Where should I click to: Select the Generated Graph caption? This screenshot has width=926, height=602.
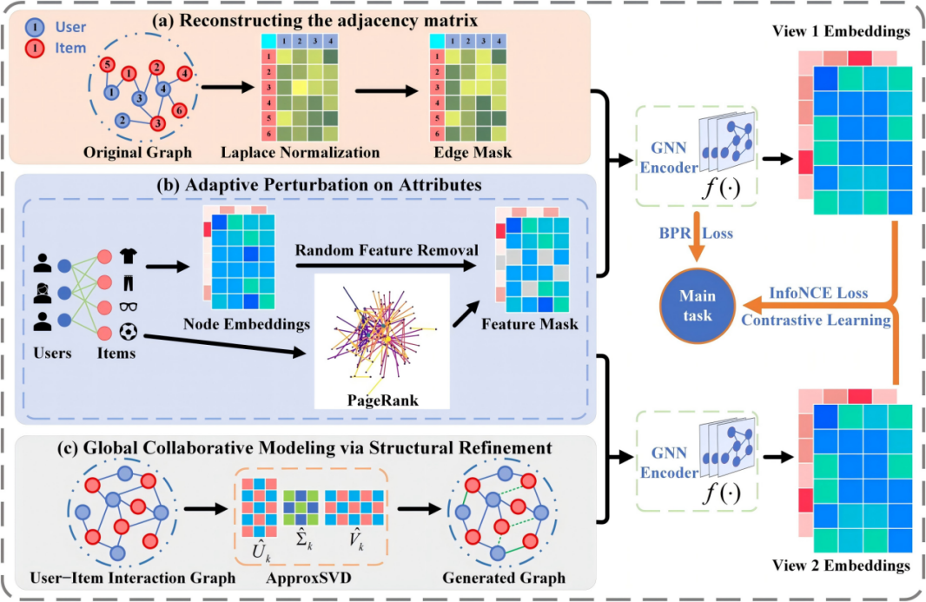[x=504, y=578]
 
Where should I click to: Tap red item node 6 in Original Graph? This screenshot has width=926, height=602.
[x=178, y=110]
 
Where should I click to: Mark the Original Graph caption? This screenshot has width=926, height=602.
[x=136, y=152]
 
